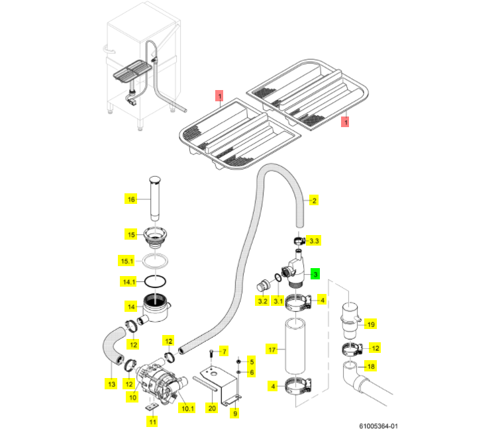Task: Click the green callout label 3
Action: [315, 274]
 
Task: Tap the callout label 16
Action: [130, 199]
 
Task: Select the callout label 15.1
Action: [126, 261]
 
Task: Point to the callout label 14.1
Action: [129, 282]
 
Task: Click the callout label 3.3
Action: [314, 240]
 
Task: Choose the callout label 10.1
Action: [187, 408]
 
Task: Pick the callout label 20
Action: [212, 408]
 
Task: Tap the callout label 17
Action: [272, 350]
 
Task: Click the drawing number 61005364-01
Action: [379, 426]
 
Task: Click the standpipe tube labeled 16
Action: [155, 198]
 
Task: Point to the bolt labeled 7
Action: [211, 354]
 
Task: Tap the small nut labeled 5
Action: [238, 361]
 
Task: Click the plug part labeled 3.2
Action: [263, 285]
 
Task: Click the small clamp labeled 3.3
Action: [299, 241]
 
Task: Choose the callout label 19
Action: [371, 324]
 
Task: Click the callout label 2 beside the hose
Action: [314, 201]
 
